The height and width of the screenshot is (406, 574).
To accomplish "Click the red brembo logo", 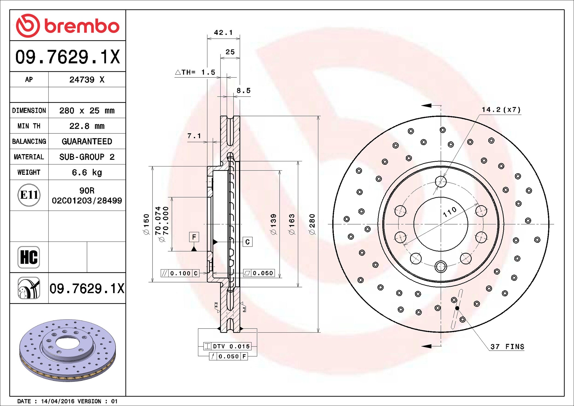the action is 67,26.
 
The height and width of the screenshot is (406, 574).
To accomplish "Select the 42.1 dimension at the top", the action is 223,32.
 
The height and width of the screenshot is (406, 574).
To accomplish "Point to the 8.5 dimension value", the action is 243,91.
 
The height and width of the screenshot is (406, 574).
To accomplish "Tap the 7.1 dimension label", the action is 194,136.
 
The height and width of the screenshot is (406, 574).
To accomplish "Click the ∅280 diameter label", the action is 312,224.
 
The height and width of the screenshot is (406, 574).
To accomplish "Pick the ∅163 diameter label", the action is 292,224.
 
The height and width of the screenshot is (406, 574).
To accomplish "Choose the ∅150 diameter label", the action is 147,224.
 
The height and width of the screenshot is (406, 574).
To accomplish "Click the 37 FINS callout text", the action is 507,347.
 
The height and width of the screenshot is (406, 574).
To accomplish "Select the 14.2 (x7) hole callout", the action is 501,110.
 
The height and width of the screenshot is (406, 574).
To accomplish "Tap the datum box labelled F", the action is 194,237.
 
